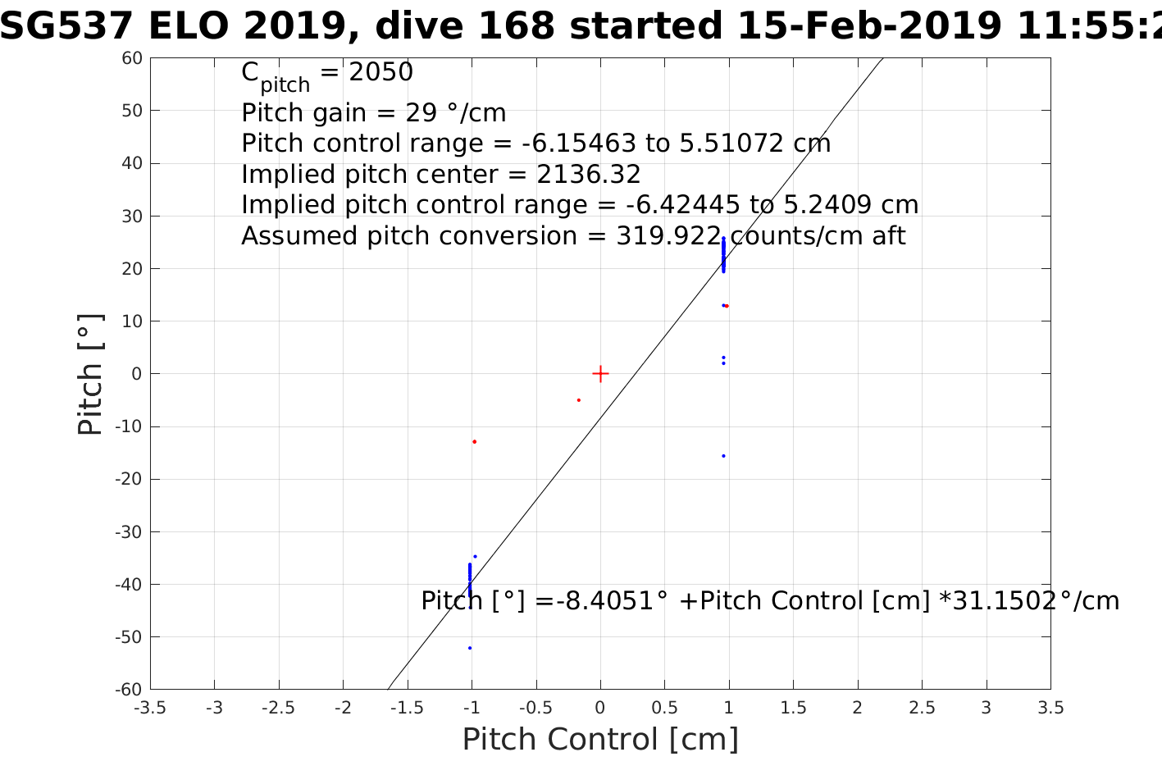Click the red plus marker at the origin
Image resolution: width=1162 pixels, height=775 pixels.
coord(600,374)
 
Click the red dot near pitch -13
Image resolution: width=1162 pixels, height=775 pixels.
coord(474,442)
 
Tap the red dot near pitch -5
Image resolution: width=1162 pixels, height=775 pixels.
coord(578,400)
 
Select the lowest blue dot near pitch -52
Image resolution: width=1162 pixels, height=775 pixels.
coord(470,648)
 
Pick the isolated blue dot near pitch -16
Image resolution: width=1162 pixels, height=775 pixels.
coord(723,456)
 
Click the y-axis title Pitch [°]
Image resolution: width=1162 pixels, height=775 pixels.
coord(90,374)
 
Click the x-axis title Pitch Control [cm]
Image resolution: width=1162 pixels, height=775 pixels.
coord(600,739)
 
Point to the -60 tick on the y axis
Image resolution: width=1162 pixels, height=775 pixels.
coord(129,690)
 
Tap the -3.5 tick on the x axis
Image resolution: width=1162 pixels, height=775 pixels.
coord(149,708)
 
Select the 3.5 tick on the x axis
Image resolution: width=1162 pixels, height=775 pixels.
coord(1050,708)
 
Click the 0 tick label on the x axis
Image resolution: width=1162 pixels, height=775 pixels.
coord(600,708)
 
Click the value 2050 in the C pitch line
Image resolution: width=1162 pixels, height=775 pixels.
coord(380,73)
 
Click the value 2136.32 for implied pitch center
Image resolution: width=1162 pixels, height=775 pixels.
coord(589,175)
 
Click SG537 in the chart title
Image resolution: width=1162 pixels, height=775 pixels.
coord(66,27)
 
